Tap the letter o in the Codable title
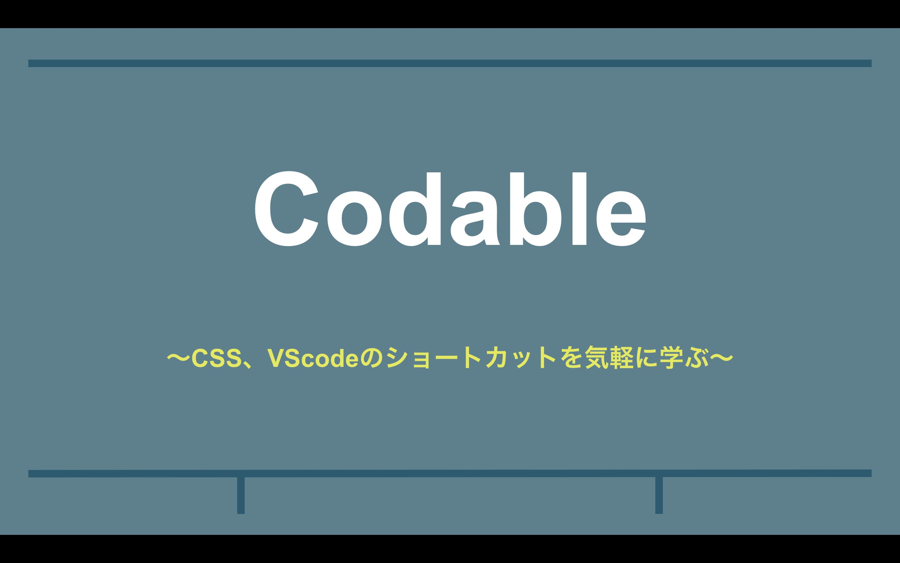(354, 219)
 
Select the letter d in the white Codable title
(415, 209)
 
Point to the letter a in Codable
(475, 219)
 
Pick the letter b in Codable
(536, 209)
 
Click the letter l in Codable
(579, 209)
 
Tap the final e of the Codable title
(621, 219)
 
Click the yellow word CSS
(217, 358)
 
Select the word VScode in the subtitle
(313, 358)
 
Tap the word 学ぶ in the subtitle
(684, 358)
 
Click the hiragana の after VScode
(372, 358)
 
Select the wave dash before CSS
(178, 358)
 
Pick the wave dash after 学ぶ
(722, 358)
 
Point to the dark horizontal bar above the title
(450, 63)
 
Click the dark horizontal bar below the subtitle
(450, 473)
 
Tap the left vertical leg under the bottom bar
(241, 495)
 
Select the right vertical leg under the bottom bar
(659, 495)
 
